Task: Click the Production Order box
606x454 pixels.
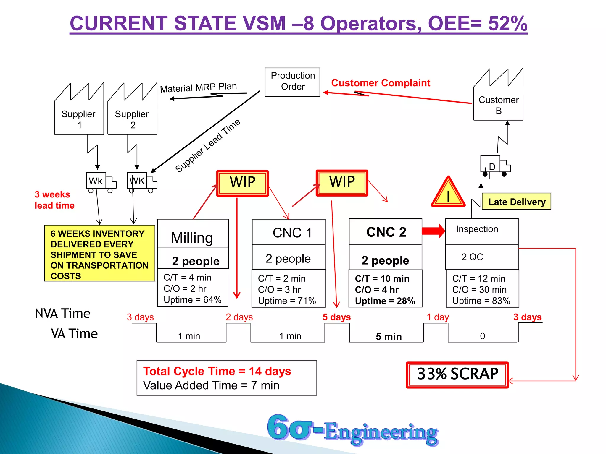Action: click(292, 82)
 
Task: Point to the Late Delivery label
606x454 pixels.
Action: click(516, 202)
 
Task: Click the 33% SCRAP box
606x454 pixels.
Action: click(457, 374)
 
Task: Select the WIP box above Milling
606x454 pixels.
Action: click(243, 183)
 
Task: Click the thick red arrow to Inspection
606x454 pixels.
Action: click(433, 231)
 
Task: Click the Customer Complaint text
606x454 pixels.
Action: click(381, 83)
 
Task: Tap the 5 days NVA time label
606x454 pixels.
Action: click(336, 317)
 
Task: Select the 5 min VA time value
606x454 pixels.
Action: click(389, 336)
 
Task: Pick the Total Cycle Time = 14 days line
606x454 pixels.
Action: click(217, 371)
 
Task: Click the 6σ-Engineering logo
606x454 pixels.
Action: click(352, 430)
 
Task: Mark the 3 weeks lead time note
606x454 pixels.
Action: click(54, 200)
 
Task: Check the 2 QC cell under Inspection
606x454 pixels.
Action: click(472, 257)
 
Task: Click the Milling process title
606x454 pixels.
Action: click(192, 237)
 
